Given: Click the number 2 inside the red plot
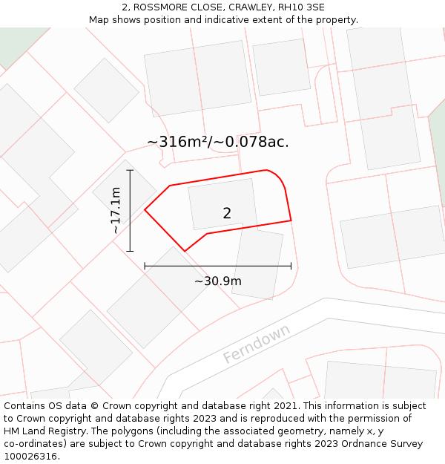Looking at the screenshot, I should (227, 213).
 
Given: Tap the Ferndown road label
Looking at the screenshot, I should (257, 344).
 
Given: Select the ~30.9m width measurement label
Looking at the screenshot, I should (217, 281).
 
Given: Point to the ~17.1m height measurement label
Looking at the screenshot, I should (116, 210).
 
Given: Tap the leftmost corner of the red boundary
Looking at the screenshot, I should (145, 210).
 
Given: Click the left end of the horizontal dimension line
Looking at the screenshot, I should (145, 266).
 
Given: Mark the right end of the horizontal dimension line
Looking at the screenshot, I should (291, 266).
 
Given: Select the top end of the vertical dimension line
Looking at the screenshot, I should (130, 170).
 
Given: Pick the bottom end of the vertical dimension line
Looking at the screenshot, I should (130, 251).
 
